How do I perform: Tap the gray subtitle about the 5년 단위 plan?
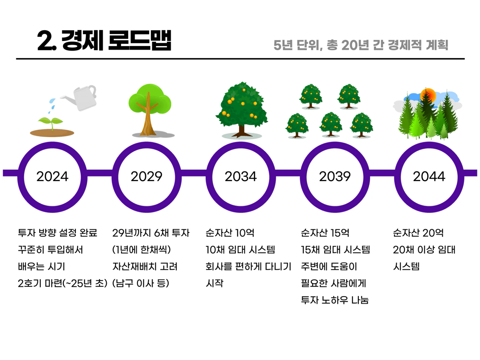click(361, 45)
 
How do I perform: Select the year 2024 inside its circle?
click(52, 177)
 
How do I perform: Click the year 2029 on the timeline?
click(146, 177)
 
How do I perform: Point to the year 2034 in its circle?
click(241, 177)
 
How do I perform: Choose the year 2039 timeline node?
click(335, 177)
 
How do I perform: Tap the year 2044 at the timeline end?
click(429, 177)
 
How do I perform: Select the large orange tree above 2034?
click(242, 110)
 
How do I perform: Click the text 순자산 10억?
click(230, 233)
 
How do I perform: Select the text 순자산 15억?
click(325, 233)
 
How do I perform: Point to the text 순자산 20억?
click(418, 233)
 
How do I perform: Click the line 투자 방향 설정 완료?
click(58, 233)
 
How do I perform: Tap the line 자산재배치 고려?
click(145, 267)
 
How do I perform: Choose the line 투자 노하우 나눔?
click(335, 300)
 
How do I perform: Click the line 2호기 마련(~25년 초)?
click(62, 284)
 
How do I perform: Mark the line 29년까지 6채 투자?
click(151, 233)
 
